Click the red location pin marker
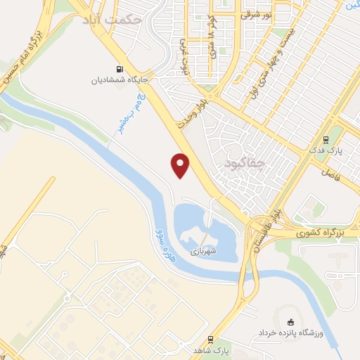pos(181,165)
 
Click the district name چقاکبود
pos(247,164)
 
